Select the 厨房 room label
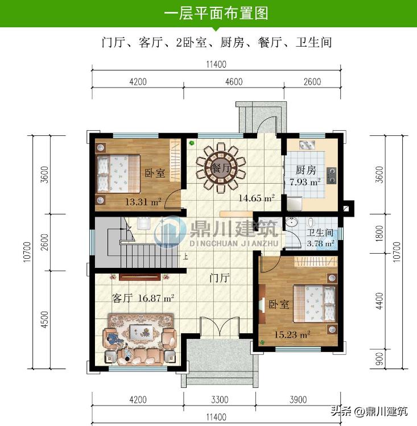[306, 169]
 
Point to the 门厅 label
[219, 278]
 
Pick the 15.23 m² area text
[292, 334]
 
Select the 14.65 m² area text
[257, 198]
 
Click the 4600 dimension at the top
[234, 82]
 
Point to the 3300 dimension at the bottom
[219, 400]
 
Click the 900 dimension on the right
[379, 358]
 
